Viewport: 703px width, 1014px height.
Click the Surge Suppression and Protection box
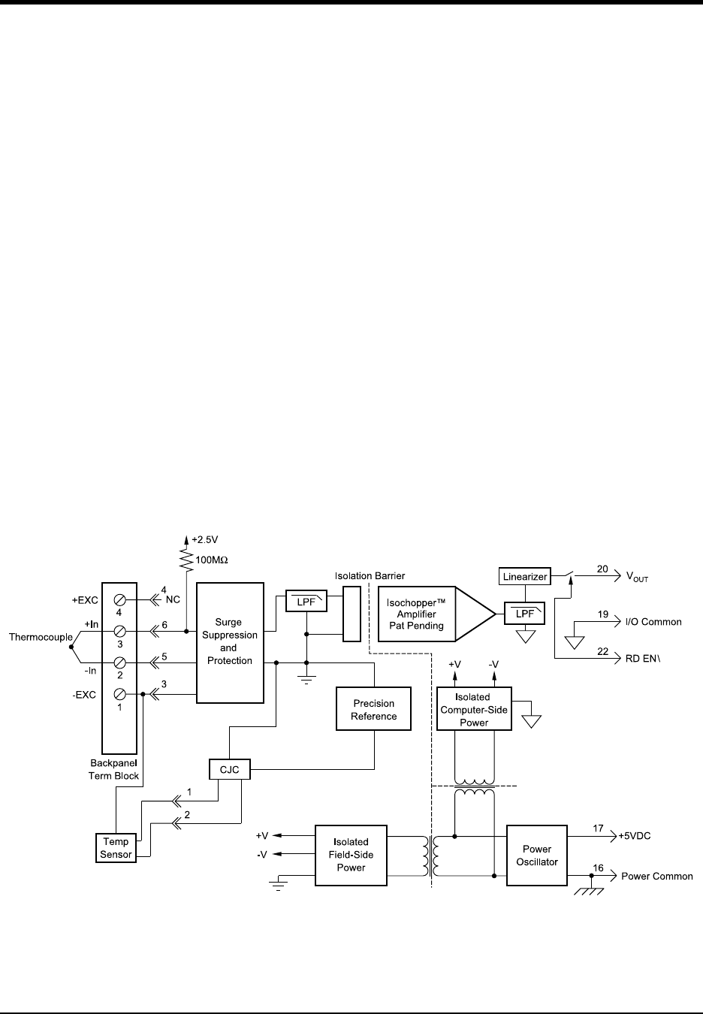point(230,642)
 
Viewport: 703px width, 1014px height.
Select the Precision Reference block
point(374,709)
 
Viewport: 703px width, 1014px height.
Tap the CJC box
point(229,769)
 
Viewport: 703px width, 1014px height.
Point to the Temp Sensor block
point(116,848)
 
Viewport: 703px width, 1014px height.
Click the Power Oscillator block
point(537,855)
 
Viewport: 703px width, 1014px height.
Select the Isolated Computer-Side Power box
point(474,709)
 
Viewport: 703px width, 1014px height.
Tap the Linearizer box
point(524,576)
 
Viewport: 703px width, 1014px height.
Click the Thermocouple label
point(41,637)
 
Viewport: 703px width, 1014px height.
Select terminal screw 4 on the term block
point(119,600)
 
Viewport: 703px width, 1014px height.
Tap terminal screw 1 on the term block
point(119,694)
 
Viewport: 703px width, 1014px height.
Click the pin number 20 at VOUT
point(603,569)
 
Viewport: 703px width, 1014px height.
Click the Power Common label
point(656,876)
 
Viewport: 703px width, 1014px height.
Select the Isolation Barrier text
point(370,576)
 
